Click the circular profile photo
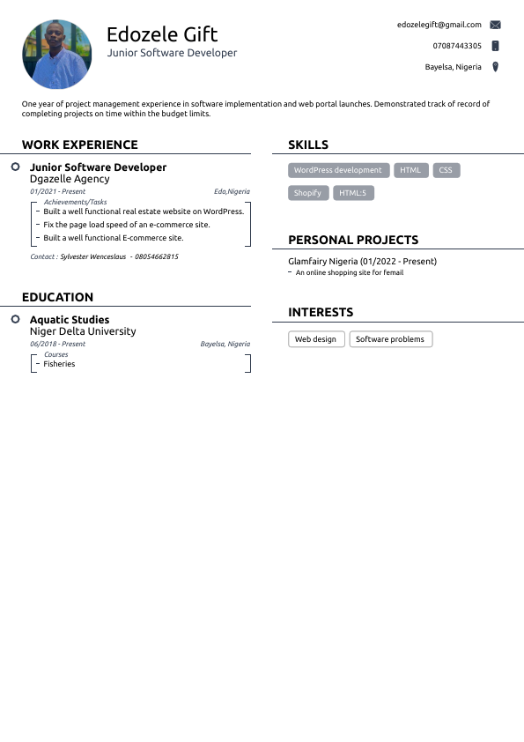55,55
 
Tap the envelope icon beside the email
495,25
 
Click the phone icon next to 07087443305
495,46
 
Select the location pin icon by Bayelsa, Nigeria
495,67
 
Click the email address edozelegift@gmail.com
439,25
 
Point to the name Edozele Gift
162,34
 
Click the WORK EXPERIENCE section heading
80,145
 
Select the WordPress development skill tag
338,170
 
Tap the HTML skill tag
410,170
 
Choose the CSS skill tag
446,170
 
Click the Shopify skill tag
307,193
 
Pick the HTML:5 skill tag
353,193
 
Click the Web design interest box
315,339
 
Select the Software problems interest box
390,339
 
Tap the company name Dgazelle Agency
70,179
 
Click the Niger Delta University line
83,331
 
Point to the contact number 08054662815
157,257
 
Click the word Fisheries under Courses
59,364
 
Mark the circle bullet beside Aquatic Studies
16,319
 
